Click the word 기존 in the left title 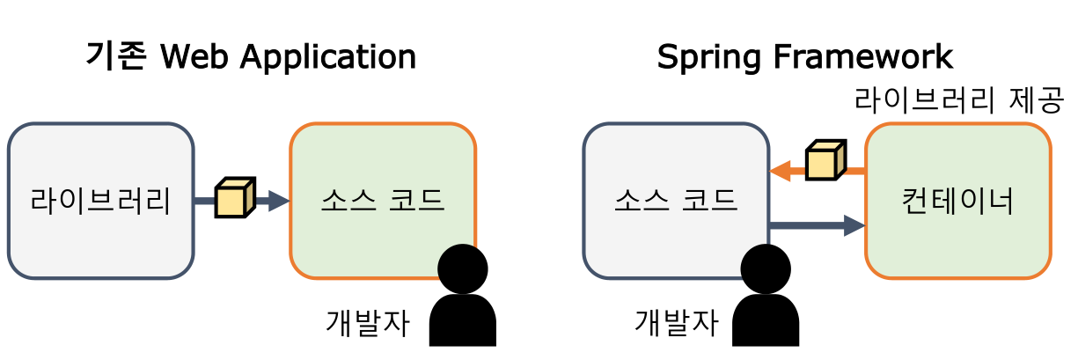(116, 57)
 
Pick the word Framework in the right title (863, 57)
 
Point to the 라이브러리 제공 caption (958, 99)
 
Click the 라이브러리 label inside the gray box (100, 202)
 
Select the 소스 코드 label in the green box (383, 202)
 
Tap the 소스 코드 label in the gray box (675, 202)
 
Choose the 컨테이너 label (958, 202)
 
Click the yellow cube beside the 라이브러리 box (235, 198)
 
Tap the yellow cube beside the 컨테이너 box (825, 159)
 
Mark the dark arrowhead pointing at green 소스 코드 (279, 202)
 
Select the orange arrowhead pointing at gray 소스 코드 (780, 173)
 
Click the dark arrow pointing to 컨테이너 (818, 226)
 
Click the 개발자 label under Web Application (368, 323)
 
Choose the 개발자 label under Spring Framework (676, 323)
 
